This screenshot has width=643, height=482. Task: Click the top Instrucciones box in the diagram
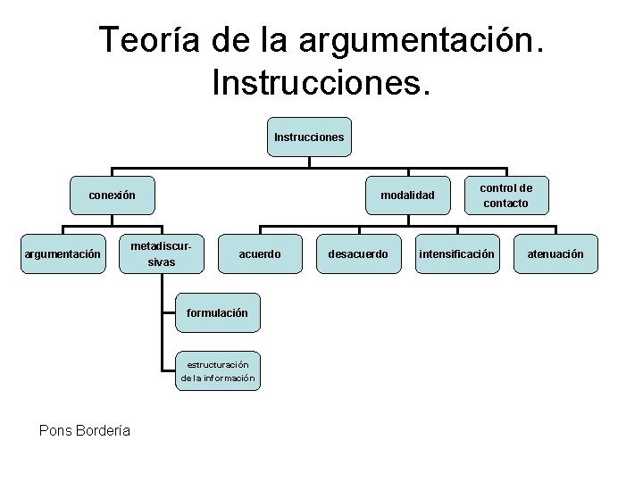[309, 137]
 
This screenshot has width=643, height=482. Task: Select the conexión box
[113, 195]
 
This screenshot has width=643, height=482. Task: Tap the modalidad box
[407, 195]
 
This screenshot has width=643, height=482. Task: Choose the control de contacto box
[506, 195]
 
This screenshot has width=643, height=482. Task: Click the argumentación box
[63, 254]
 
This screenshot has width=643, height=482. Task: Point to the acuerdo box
[260, 254]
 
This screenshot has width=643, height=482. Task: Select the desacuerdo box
[358, 254]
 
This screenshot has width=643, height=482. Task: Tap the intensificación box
[456, 254]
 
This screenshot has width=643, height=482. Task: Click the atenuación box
[555, 254]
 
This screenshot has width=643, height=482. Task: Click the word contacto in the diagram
[506, 204]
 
